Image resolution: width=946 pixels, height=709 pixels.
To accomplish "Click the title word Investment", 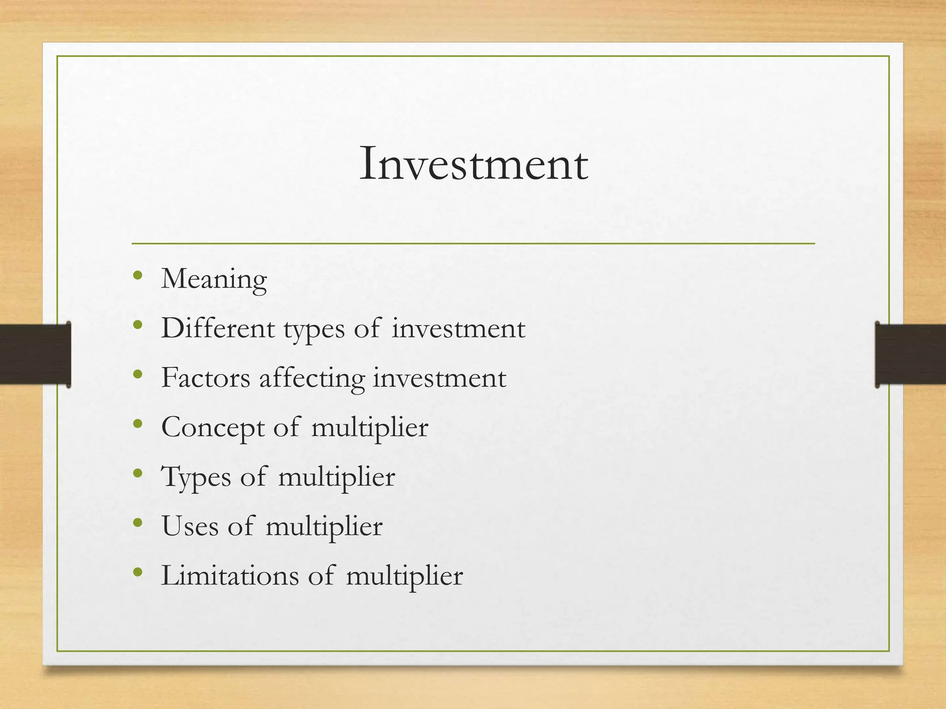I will (x=473, y=164).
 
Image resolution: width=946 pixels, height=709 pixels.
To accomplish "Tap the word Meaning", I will (x=214, y=279).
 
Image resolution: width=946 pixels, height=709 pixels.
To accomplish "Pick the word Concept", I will (x=212, y=428).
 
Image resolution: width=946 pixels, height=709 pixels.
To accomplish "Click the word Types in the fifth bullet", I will (x=195, y=477).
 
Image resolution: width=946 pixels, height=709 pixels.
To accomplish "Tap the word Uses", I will (x=190, y=526).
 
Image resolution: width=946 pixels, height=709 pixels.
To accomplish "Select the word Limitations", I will (x=230, y=575).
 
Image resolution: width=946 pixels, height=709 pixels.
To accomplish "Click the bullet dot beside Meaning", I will (x=137, y=276).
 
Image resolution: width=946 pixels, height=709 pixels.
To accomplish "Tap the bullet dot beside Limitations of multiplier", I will (x=137, y=572).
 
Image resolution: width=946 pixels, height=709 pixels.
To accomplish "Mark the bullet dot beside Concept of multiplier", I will (x=137, y=424).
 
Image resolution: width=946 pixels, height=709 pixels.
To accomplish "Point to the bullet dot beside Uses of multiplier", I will (x=137, y=523).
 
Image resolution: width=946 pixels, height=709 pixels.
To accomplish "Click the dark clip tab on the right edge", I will (x=910, y=354).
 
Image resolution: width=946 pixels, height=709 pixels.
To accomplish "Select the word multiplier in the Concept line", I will (x=370, y=428).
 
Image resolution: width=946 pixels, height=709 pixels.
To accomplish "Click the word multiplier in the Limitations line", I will (x=404, y=576).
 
